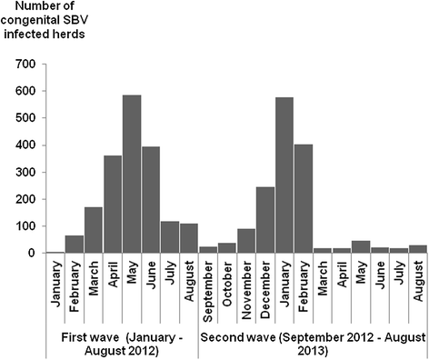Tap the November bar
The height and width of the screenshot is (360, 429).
click(245, 241)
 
